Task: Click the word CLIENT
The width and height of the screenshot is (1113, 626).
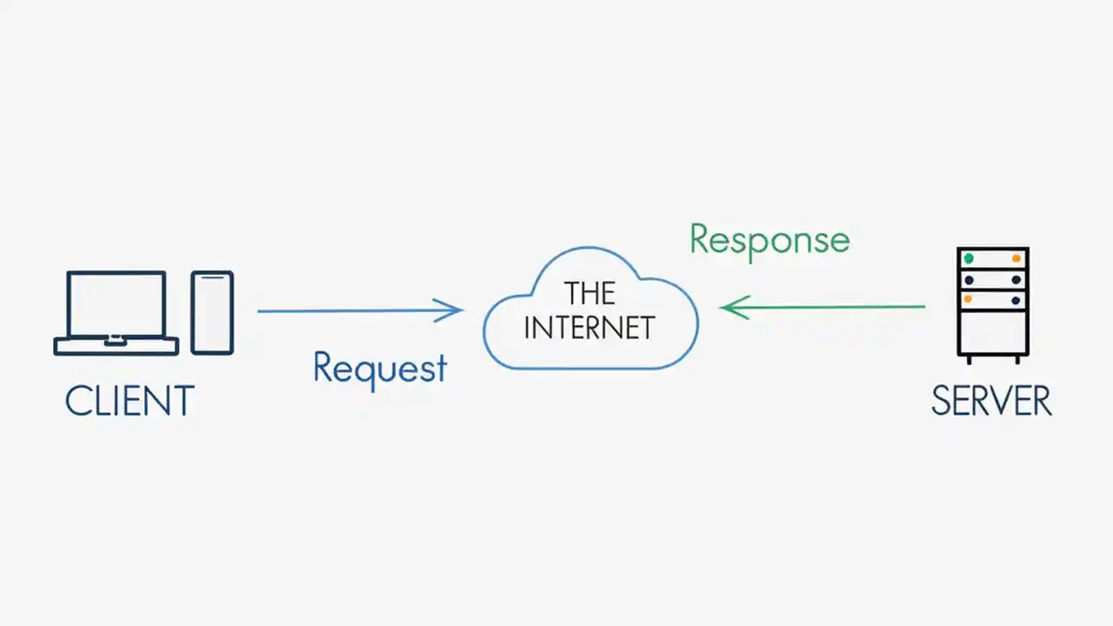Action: tap(130, 402)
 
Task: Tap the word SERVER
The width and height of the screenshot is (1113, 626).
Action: tap(991, 402)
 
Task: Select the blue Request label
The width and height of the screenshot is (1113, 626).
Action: tap(380, 369)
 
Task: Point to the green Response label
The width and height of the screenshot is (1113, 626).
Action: tap(770, 239)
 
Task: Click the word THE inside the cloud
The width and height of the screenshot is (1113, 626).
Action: tap(590, 294)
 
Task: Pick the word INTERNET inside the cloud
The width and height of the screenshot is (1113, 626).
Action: tap(590, 328)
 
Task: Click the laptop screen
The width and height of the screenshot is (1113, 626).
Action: tap(117, 303)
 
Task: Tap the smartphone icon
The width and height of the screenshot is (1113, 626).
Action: tap(212, 312)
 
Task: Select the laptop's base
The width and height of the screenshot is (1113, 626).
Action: tap(117, 346)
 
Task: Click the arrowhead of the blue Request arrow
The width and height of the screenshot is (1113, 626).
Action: tap(455, 310)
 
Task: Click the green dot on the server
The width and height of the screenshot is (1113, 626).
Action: tap(969, 258)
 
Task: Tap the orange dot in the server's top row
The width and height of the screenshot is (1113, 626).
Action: tap(1016, 258)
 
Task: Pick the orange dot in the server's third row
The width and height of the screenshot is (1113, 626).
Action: tap(969, 299)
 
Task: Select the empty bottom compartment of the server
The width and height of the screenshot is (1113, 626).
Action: tap(993, 330)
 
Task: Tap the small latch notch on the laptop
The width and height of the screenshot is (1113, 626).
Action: tap(113, 341)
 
